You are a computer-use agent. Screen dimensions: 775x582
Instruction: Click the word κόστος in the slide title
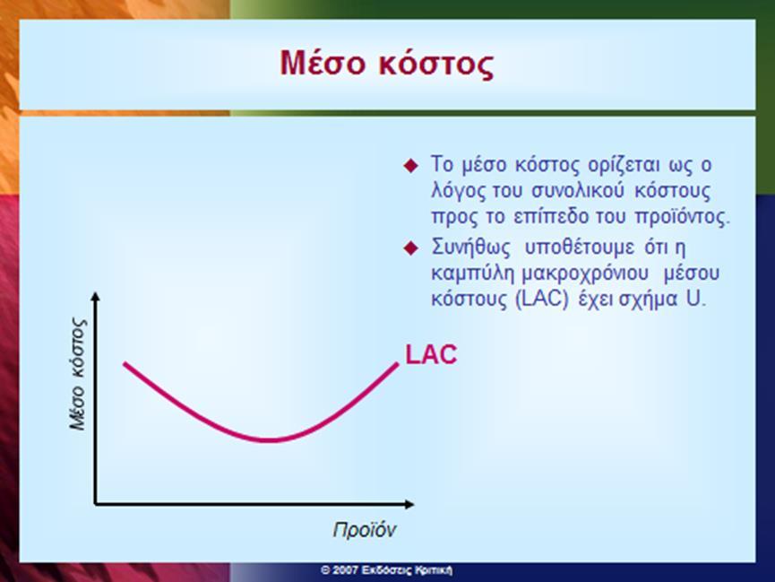tap(437, 65)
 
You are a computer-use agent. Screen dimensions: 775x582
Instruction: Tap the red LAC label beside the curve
tap(431, 354)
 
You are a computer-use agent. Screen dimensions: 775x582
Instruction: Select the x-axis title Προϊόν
tap(365, 530)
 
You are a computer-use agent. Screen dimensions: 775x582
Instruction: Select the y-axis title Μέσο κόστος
tap(78, 374)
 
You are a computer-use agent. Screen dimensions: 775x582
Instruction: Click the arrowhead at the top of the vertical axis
tap(95, 296)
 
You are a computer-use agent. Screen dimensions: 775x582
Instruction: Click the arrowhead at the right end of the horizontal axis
tap(409, 504)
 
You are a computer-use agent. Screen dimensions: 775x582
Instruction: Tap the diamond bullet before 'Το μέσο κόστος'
tap(410, 165)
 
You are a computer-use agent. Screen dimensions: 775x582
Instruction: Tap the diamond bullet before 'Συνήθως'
tap(410, 248)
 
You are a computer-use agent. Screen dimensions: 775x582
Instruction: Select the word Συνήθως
tap(470, 248)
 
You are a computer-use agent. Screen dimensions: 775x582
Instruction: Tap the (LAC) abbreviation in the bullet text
tap(542, 300)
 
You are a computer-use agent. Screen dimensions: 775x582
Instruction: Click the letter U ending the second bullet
tap(693, 299)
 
